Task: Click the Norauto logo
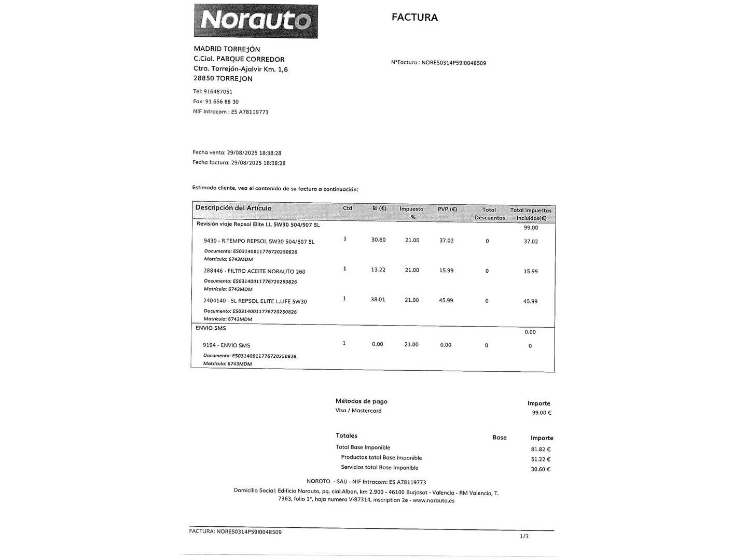(x=256, y=21)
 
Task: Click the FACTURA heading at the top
(x=414, y=17)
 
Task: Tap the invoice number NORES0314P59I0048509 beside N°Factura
(x=453, y=63)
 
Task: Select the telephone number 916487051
(x=218, y=92)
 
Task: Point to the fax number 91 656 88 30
(x=222, y=102)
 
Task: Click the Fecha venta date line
(x=237, y=153)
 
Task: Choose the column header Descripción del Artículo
(x=233, y=208)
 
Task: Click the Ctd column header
(x=348, y=208)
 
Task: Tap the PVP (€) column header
(x=447, y=209)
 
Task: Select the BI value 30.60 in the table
(x=378, y=240)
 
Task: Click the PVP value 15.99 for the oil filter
(x=446, y=270)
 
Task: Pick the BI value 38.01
(x=378, y=300)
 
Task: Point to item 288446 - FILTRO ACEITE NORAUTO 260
(x=254, y=271)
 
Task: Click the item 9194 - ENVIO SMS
(x=226, y=345)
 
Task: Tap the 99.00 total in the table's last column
(x=531, y=228)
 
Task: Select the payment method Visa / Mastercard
(x=358, y=411)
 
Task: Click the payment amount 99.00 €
(x=542, y=413)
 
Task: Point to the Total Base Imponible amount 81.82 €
(x=541, y=450)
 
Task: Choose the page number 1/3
(x=524, y=536)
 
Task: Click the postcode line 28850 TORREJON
(x=223, y=79)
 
